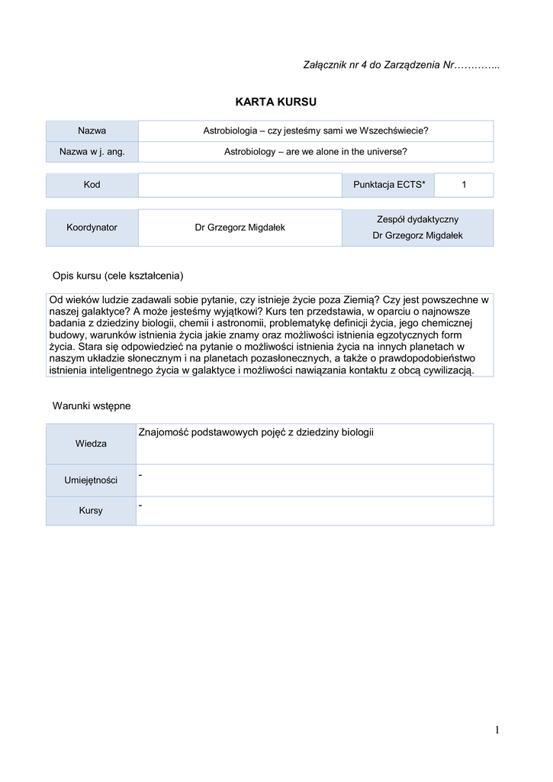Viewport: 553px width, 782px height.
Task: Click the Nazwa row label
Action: coord(92,131)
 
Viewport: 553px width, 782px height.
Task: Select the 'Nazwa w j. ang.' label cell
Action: coord(92,152)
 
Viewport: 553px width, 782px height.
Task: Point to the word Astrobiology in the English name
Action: coord(251,152)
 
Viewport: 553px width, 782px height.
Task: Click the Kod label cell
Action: coord(92,185)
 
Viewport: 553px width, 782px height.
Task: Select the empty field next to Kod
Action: coord(240,185)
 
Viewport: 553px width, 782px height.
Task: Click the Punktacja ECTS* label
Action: coord(389,185)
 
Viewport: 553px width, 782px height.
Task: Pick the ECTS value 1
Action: coord(464,185)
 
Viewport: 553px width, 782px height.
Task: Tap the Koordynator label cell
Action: coord(92,228)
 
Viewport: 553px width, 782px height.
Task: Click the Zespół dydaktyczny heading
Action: coord(417,219)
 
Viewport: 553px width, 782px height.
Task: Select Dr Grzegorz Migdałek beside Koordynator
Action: coord(240,228)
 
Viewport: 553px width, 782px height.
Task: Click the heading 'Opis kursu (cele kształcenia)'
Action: coord(117,275)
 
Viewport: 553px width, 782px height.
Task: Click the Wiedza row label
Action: coord(91,444)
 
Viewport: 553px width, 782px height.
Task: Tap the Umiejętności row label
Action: coord(91,480)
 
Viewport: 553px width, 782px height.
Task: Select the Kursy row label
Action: coord(91,511)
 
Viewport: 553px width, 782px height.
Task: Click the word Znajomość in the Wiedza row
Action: coord(163,433)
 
